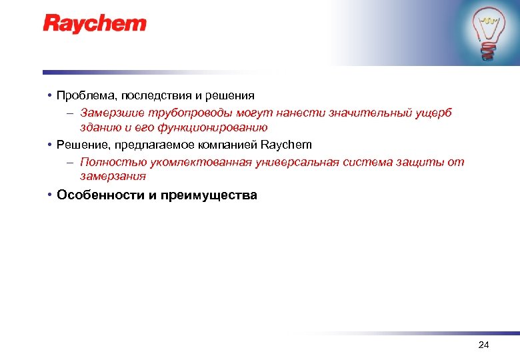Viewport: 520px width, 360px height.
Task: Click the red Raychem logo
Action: (95, 24)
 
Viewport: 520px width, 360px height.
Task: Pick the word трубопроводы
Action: (179, 113)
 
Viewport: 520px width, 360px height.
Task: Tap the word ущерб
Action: (433, 113)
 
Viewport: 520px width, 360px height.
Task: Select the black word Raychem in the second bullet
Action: (286, 145)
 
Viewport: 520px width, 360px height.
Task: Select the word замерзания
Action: (113, 177)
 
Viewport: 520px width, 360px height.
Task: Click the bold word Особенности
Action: (97, 195)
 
